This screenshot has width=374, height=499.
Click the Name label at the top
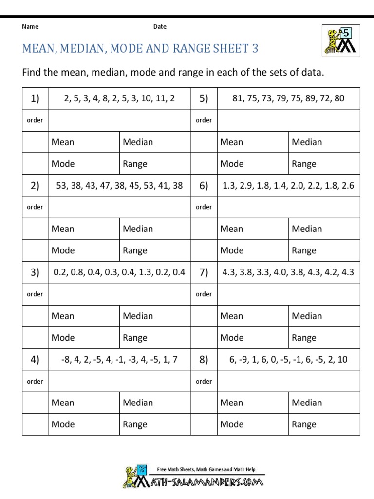click(x=30, y=27)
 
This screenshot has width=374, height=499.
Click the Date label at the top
click(x=160, y=27)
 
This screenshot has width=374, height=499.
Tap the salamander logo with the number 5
click(x=340, y=40)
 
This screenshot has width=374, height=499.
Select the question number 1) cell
click(x=35, y=98)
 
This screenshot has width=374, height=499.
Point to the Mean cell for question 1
click(x=63, y=142)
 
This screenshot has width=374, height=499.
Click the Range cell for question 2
click(x=135, y=250)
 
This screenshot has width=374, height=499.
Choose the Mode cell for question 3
click(x=63, y=338)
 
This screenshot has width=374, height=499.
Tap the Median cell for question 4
click(x=138, y=403)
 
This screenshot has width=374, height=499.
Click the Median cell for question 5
click(x=307, y=142)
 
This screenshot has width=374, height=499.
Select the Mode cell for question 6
click(x=232, y=250)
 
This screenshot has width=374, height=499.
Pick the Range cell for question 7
click(x=304, y=338)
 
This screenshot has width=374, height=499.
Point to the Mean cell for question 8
click(x=232, y=403)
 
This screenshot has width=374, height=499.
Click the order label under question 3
click(x=35, y=294)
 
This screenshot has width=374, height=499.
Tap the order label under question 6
click(x=204, y=207)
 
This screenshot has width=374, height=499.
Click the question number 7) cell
click(x=204, y=272)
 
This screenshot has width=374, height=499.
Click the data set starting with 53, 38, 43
click(x=119, y=185)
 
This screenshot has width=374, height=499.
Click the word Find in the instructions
click(x=32, y=73)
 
